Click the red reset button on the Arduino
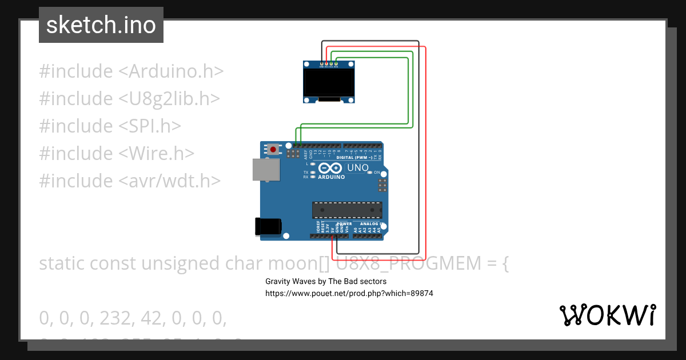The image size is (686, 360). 274,150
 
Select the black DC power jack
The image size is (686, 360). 268,226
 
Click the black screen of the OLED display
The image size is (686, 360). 328,83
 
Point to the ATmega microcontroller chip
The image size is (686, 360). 347,210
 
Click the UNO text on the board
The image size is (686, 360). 358,167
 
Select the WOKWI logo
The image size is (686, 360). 608,315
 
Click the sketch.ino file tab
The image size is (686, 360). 101,25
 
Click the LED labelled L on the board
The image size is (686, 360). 314,164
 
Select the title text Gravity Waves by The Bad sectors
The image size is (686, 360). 326,281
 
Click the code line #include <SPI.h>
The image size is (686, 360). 110,126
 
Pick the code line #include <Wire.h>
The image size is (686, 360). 117,153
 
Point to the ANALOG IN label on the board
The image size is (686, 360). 372,224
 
